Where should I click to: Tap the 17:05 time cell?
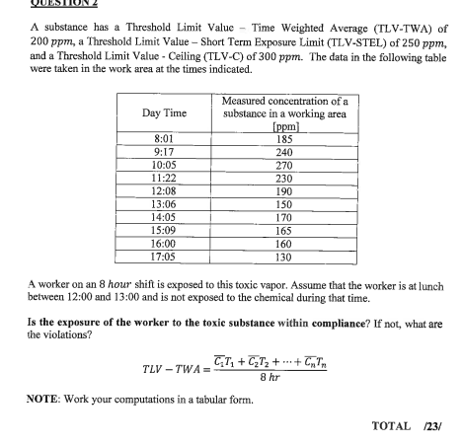point(165,257)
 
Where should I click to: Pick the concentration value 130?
point(284,257)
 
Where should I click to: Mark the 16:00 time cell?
point(165,243)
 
